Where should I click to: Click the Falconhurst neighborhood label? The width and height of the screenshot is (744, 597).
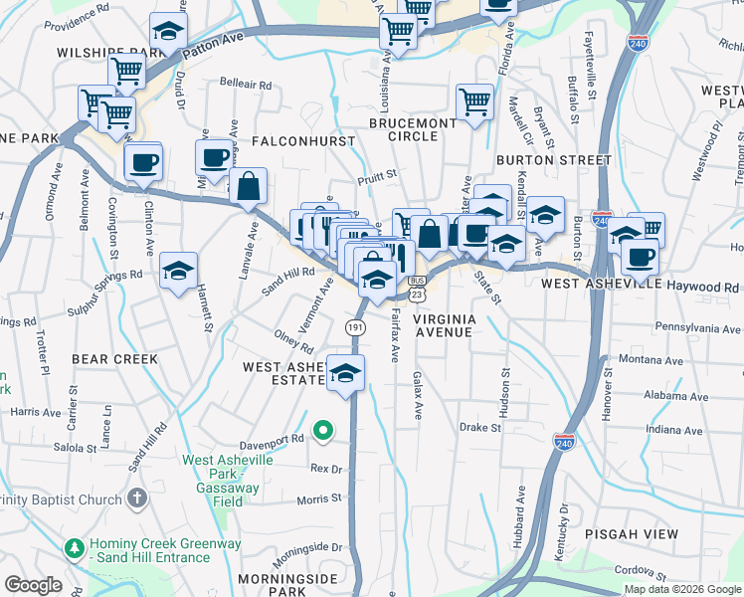[x=303, y=141]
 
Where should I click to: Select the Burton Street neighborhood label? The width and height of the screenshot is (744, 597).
[x=554, y=159]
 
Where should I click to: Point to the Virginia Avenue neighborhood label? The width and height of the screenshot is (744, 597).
[x=444, y=325]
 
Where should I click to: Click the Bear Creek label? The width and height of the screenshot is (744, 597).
[x=115, y=358]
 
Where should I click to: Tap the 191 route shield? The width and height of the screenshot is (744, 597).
[x=355, y=327]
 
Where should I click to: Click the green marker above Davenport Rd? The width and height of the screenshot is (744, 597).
[x=322, y=431]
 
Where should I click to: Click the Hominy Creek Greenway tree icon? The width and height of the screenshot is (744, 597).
[x=74, y=547]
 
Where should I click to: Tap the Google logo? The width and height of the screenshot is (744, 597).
[x=33, y=586]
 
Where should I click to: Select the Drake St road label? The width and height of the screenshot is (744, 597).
[x=479, y=428]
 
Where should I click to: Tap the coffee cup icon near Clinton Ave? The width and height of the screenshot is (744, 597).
[x=143, y=161]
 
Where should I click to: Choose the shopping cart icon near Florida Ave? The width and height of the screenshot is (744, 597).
[x=474, y=100]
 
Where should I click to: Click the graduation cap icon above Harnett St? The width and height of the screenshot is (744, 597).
[x=178, y=271]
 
